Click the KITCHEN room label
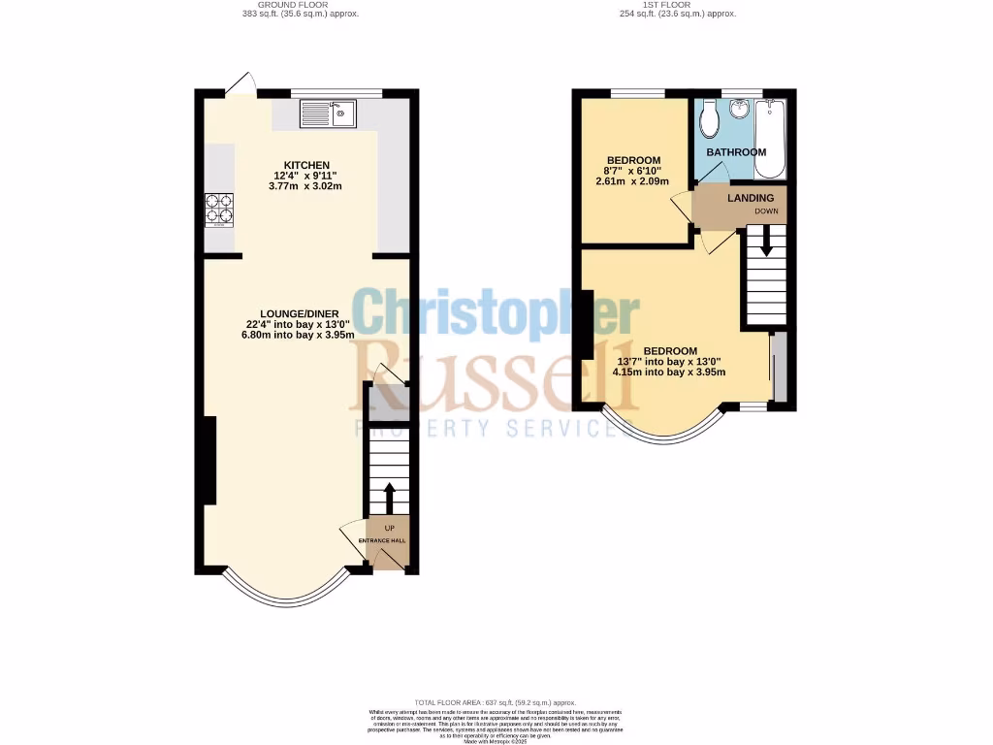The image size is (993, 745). (306, 165)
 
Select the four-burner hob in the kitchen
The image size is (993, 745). (219, 210)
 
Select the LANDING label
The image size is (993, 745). (751, 198)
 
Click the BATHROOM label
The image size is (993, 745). (736, 152)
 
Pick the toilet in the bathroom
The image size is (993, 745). (709, 118)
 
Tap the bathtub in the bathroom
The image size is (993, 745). (771, 139)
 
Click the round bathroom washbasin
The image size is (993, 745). (742, 109)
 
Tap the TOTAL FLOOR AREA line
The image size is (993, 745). (496, 702)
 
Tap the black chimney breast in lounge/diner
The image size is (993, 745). (208, 461)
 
